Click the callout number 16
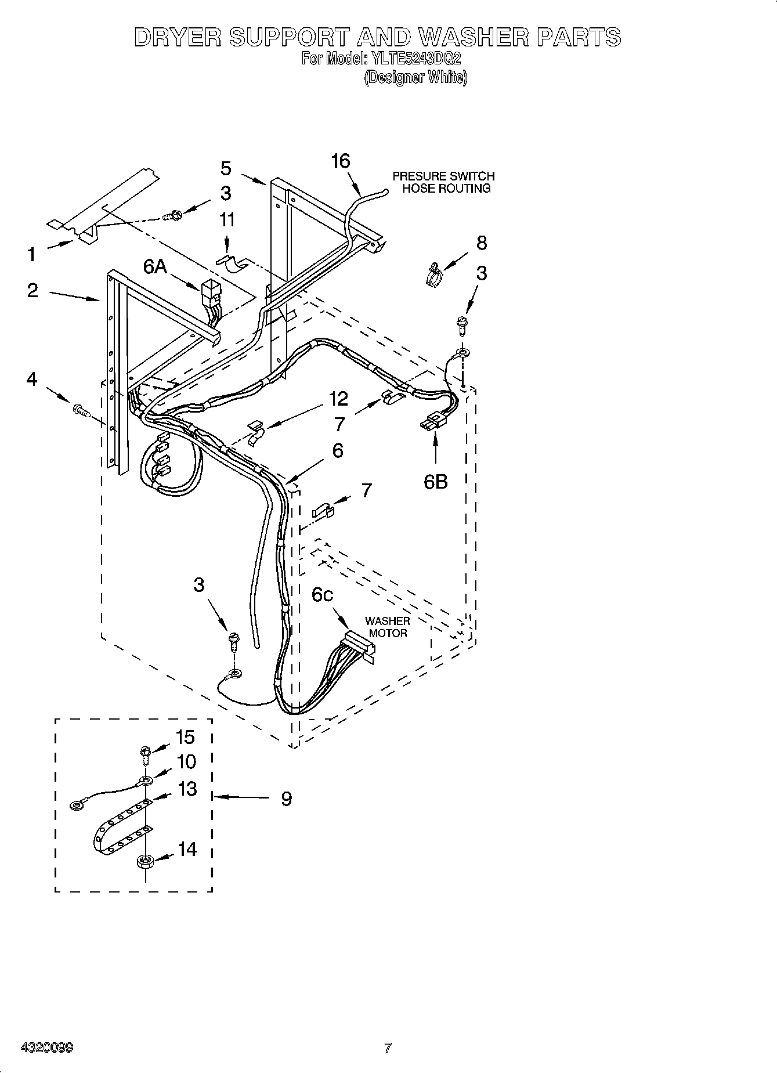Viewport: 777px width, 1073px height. pyautogui.click(x=341, y=161)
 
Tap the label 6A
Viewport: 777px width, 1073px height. pyautogui.click(x=156, y=267)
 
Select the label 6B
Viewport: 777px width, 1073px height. pyautogui.click(x=436, y=481)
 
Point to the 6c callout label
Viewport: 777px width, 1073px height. pyautogui.click(x=322, y=594)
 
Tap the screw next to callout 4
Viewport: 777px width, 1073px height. pyautogui.click(x=81, y=410)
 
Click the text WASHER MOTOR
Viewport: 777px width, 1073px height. pyautogui.click(x=388, y=627)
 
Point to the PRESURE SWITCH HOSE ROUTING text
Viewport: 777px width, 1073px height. pyautogui.click(x=444, y=182)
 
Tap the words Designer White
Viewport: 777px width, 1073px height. pyautogui.click(x=415, y=77)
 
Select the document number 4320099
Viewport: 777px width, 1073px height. pyautogui.click(x=46, y=1047)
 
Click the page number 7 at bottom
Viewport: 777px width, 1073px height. pyautogui.click(x=388, y=1047)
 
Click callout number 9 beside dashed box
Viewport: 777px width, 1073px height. pyautogui.click(x=286, y=799)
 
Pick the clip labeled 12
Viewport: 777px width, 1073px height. pyautogui.click(x=255, y=433)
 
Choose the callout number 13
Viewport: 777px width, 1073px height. pyautogui.click(x=187, y=789)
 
